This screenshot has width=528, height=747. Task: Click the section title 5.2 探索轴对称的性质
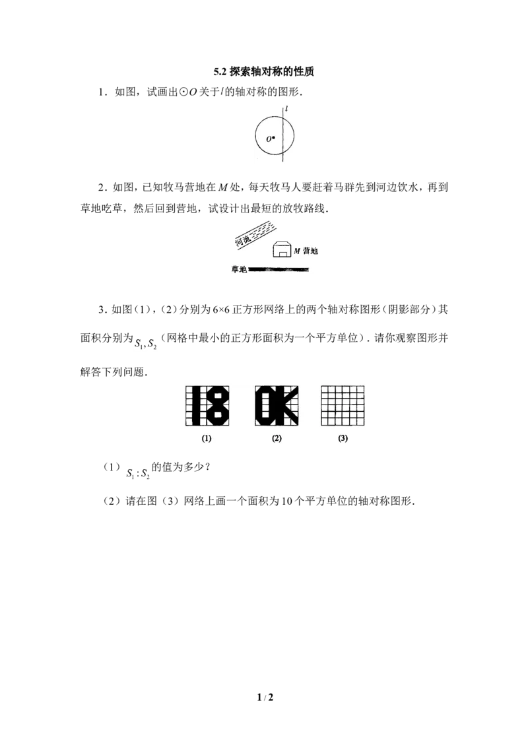coord(264,72)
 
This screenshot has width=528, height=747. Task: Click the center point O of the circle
coord(273,138)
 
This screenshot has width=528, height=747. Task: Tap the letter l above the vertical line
coord(286,109)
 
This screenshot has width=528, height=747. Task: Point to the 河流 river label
coord(243,240)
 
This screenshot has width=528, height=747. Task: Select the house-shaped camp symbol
coord(282,250)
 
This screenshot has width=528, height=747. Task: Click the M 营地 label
coord(306,251)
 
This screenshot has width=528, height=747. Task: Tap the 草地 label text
coord(239,270)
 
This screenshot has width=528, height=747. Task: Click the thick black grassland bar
coord(279,270)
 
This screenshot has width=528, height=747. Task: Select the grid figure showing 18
coord(207,406)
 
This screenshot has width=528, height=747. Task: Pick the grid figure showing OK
coord(277,406)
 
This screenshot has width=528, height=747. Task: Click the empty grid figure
coord(343,406)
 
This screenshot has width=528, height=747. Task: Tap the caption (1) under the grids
coord(207,438)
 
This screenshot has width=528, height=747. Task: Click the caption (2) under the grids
coord(277,438)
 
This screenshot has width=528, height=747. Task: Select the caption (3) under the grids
coord(343,438)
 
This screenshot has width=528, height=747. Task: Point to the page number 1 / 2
coord(265,698)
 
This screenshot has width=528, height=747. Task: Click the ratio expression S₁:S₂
coord(138,474)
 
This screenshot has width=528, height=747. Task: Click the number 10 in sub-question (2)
coord(286,501)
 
